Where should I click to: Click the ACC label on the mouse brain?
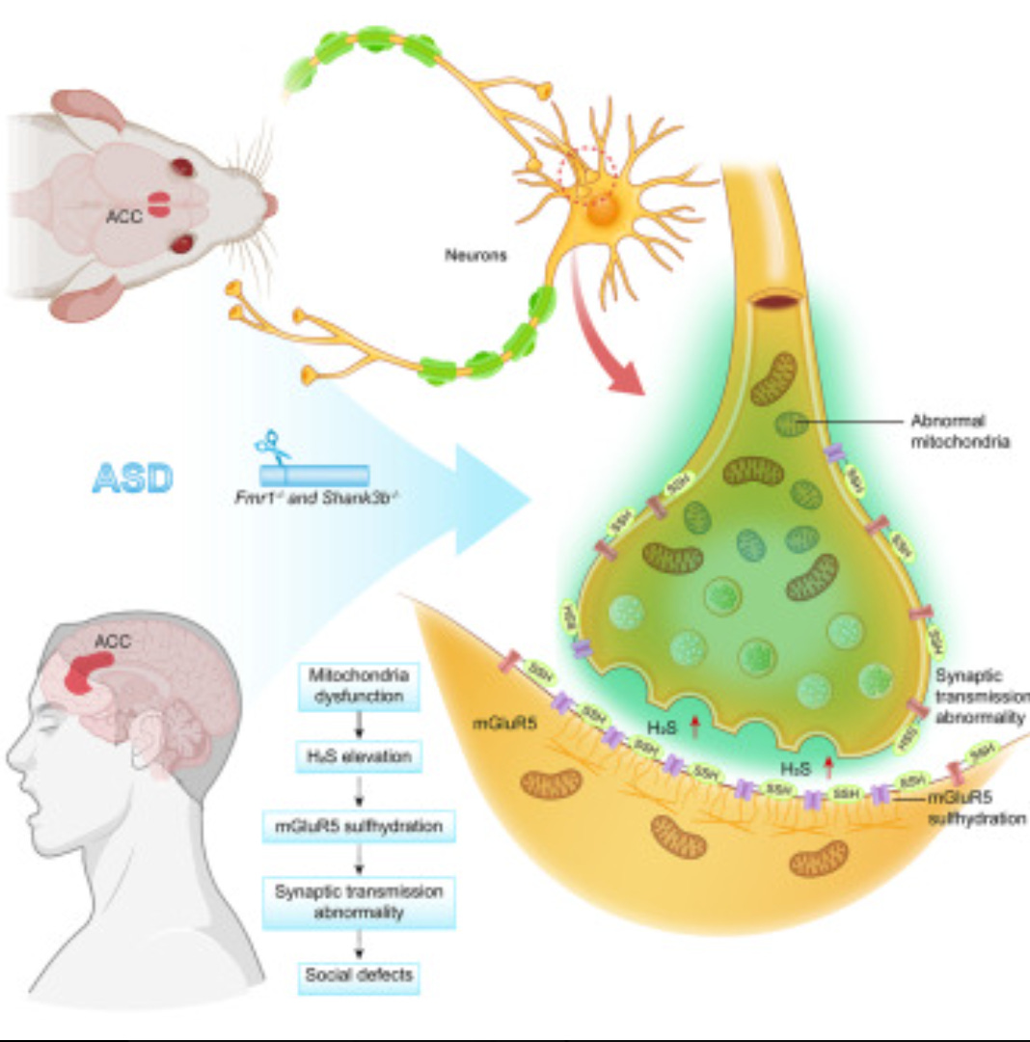[125, 216]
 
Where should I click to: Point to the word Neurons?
[474, 257]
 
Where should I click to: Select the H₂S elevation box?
[359, 757]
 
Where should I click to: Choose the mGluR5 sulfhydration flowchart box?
[359, 826]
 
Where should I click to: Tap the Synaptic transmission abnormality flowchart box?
[359, 899]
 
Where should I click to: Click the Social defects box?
[359, 974]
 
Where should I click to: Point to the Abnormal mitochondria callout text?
[955, 431]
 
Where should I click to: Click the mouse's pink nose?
[271, 205]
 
